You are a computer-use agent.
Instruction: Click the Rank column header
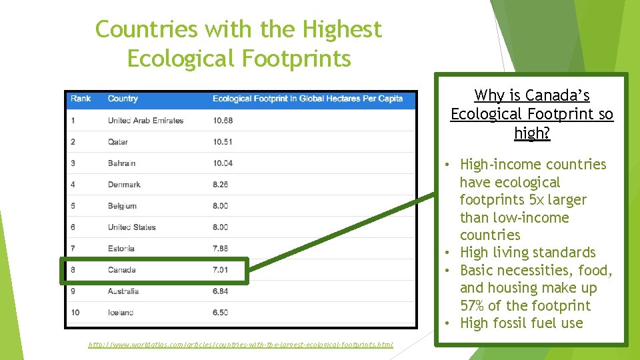tap(80, 99)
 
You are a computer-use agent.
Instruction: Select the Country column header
tap(123, 99)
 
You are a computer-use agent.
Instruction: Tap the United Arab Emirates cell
tap(145, 121)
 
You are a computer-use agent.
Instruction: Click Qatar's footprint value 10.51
tap(223, 142)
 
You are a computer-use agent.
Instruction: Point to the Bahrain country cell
tap(121, 163)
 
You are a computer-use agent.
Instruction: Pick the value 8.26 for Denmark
tap(220, 185)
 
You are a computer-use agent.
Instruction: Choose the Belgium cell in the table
tap(122, 206)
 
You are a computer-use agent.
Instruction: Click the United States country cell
tap(131, 227)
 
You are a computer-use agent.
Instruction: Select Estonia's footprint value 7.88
tap(220, 249)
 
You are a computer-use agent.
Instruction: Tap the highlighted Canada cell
tap(121, 270)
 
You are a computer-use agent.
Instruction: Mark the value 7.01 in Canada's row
tap(220, 270)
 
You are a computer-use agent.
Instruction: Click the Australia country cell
tap(123, 291)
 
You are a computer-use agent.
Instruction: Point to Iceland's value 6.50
tap(220, 313)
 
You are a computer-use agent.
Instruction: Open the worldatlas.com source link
tap(241, 345)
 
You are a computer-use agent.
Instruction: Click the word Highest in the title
tap(342, 29)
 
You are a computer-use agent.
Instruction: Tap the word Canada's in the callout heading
tap(557, 95)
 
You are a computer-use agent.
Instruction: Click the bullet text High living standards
tap(527, 253)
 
